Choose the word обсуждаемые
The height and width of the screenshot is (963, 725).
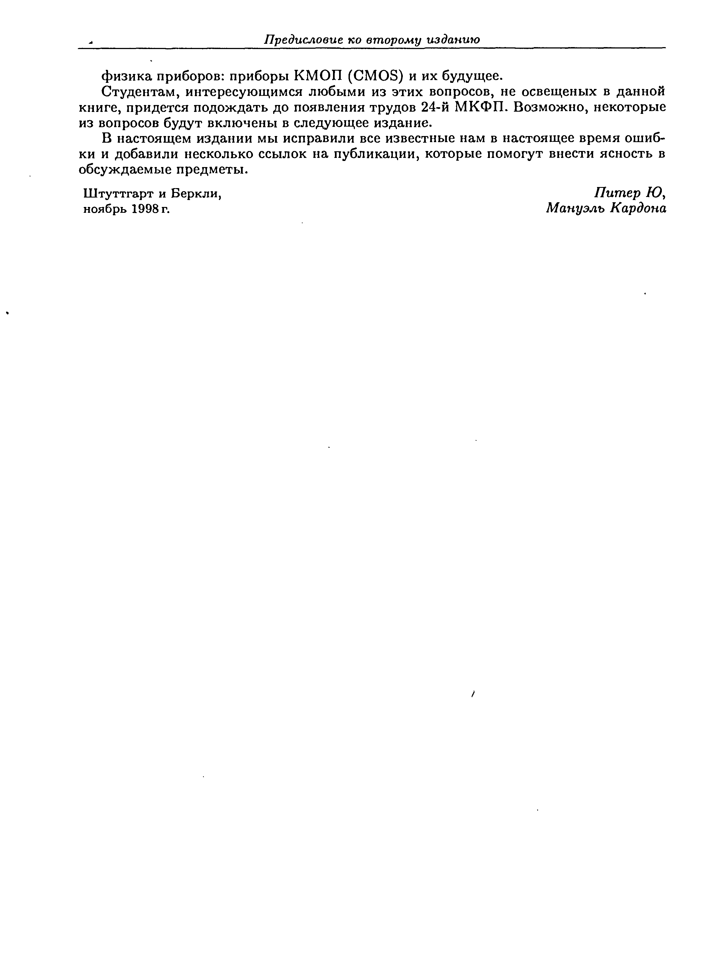pos(124,170)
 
